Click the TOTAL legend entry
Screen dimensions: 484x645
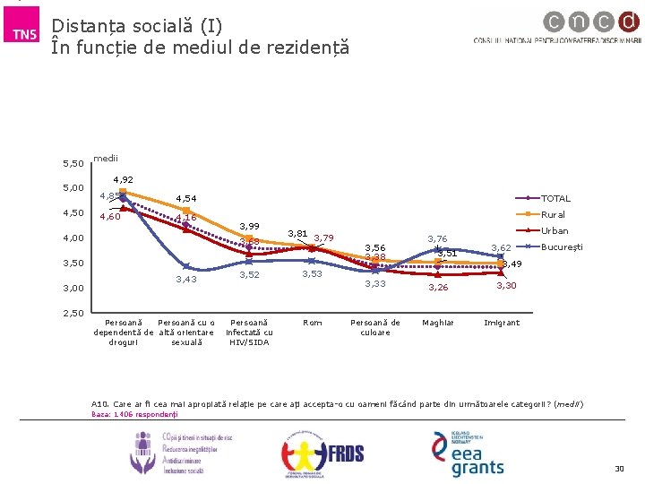[x=555, y=198]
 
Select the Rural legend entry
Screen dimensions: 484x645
[x=553, y=214]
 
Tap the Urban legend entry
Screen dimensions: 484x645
[x=555, y=230]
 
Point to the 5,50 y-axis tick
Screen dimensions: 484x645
[x=73, y=163]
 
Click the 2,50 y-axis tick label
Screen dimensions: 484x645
[x=73, y=313]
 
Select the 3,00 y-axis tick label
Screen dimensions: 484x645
[x=73, y=289]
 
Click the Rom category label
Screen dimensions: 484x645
[x=313, y=323]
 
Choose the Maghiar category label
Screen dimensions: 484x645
[x=438, y=323]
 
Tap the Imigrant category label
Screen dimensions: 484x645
[x=501, y=323]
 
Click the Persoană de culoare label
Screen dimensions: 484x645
[x=375, y=327]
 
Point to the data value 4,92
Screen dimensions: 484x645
[x=123, y=180]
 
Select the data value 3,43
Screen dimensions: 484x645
[x=186, y=280]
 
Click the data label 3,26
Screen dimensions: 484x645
[x=438, y=288]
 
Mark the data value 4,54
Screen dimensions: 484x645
[x=186, y=198]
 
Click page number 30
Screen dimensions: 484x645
[x=618, y=469]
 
